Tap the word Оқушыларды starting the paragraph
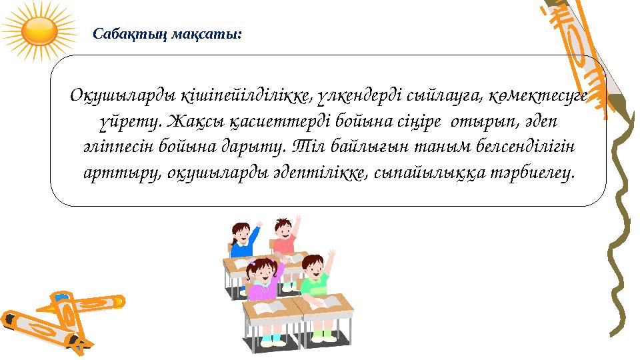pos(122,97)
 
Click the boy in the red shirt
pos(285,237)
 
